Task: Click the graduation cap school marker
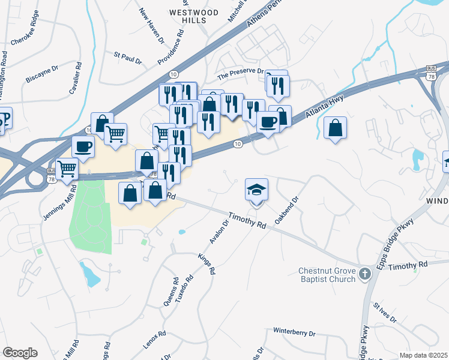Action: point(256,190)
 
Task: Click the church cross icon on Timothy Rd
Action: point(365,275)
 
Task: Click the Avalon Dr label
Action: point(219,232)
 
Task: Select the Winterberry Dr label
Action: point(294,331)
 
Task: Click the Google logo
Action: point(20,353)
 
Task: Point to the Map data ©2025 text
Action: point(423,355)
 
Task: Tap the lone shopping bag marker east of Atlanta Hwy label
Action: point(335,128)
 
